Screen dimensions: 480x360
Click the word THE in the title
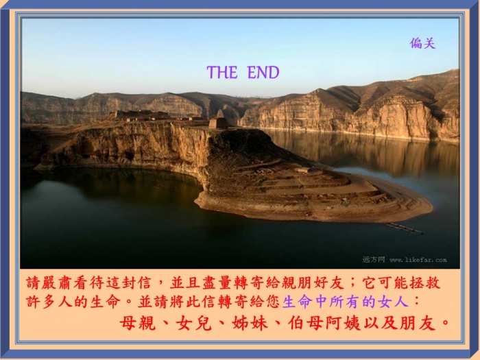click(222, 73)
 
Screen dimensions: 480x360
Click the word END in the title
click(263, 73)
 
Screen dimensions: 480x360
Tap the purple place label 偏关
click(422, 43)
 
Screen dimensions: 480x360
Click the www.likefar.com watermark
click(418, 260)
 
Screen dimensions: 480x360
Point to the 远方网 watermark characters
click(374, 260)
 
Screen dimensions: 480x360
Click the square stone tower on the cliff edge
click(218, 123)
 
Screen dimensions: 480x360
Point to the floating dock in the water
click(403, 228)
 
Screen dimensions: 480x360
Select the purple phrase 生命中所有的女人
click(346, 302)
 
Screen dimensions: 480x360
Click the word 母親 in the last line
click(138, 323)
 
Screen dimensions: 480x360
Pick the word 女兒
click(194, 323)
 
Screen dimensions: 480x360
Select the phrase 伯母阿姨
click(324, 323)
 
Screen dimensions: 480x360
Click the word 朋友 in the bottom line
click(418, 323)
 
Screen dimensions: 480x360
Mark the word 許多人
click(49, 302)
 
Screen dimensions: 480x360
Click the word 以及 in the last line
click(381, 323)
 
